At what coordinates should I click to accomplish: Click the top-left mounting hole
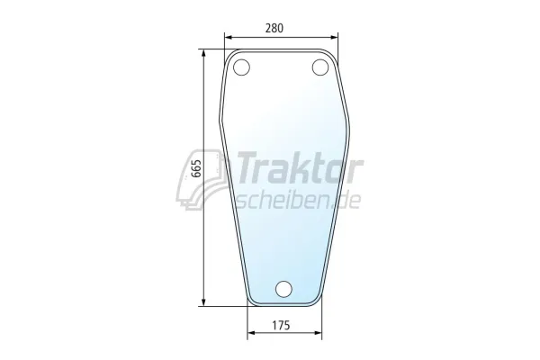(x=241, y=67)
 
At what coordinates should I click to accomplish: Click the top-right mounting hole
(x=320, y=67)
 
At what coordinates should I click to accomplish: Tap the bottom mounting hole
(x=284, y=289)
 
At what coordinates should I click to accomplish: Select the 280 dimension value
(x=274, y=28)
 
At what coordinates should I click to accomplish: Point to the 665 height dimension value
(x=196, y=168)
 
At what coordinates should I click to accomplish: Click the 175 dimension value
(x=281, y=325)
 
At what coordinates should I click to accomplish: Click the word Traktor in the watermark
(x=300, y=168)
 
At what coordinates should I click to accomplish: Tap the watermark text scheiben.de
(x=298, y=201)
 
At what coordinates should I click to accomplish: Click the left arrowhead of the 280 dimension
(x=229, y=38)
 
